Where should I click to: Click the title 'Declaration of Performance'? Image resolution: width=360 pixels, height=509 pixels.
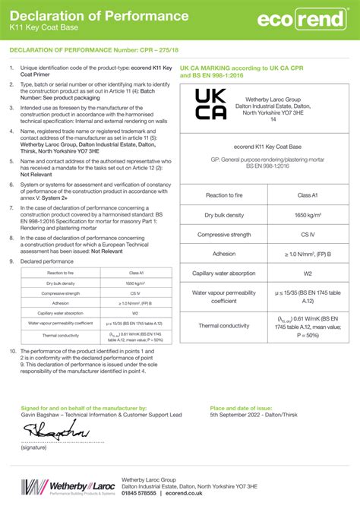(99, 16)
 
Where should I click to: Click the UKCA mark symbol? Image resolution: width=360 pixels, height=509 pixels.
(210, 104)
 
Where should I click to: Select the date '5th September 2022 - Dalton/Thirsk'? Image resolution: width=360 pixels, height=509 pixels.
(258, 415)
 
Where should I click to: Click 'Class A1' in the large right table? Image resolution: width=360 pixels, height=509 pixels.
(308, 195)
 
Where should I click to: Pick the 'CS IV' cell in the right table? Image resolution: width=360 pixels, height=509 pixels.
(308, 235)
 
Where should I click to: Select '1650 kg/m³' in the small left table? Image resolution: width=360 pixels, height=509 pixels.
(135, 283)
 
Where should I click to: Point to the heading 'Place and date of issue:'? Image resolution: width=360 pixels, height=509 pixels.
(239, 408)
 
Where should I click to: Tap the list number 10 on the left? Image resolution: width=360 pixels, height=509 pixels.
(12, 351)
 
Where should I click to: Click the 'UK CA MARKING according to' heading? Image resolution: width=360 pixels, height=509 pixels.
(228, 68)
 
